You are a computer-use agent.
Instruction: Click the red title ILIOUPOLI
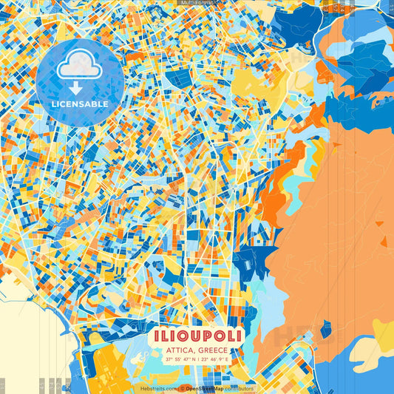tap(197, 336)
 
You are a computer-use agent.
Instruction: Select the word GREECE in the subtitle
tap(213, 350)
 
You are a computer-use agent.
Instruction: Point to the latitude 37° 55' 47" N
tap(180, 359)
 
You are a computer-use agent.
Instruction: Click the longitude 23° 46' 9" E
tap(217, 359)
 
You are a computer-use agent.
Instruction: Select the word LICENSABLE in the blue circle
tap(80, 104)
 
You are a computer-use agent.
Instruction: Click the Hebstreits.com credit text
tap(159, 388)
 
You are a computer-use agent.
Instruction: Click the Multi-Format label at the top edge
tap(197, 3)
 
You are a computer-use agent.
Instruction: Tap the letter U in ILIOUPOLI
tap(194, 336)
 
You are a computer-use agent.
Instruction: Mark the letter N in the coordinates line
tap(193, 359)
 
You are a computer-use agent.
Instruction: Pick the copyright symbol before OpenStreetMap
tap(183, 388)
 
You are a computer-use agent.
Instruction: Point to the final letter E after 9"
tap(228, 359)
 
